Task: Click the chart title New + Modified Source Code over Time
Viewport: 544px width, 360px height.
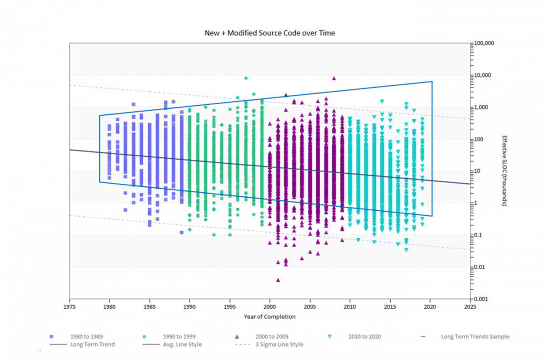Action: pos(269,33)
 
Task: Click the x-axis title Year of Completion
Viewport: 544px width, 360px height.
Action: pos(269,316)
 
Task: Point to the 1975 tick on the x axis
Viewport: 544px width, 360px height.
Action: pos(69,306)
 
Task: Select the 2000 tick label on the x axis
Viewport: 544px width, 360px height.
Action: pos(270,306)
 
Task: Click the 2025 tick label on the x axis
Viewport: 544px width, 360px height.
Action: pos(470,306)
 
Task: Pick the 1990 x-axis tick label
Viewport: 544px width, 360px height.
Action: pos(189,306)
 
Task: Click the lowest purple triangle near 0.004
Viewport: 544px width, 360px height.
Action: pos(278,280)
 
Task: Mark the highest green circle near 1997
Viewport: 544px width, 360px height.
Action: pos(246,78)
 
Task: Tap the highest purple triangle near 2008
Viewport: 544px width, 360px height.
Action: pos(334,78)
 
